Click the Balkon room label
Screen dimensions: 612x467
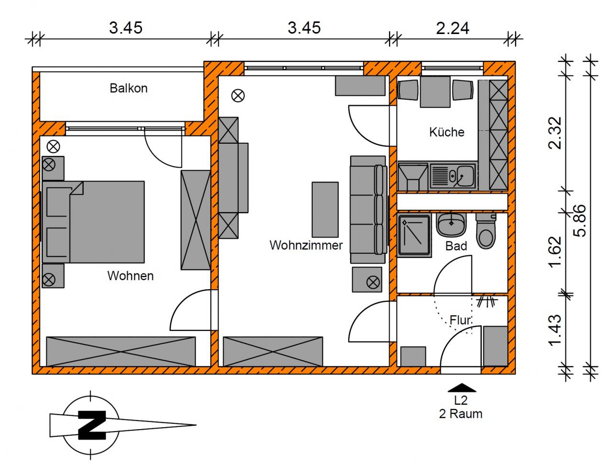[129, 88]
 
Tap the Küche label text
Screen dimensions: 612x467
[447, 132]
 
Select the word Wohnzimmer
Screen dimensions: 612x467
[306, 245]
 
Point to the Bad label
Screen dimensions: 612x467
[456, 246]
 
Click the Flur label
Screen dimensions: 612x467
[460, 320]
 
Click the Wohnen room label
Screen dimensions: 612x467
[130, 276]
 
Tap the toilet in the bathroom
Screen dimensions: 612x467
[486, 231]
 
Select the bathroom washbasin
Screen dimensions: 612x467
[451, 225]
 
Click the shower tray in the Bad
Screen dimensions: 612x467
[414, 235]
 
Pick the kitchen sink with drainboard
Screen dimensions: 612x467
[452, 176]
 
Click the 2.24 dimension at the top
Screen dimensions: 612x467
[452, 28]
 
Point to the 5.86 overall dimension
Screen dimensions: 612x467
[580, 221]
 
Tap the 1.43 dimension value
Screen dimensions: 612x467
[555, 330]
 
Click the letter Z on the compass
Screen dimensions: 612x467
[92, 425]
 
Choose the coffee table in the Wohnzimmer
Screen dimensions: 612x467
[325, 209]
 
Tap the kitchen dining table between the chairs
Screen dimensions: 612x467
[435, 92]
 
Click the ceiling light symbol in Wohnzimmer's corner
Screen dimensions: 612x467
[238, 95]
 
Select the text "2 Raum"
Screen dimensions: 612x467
[460, 414]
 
